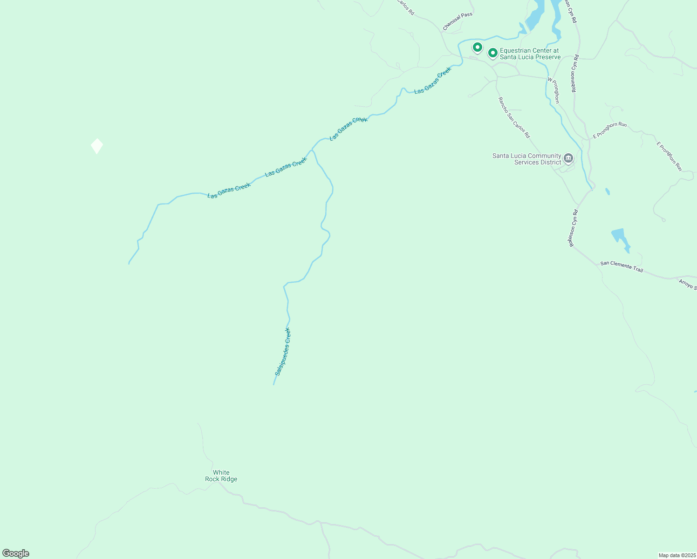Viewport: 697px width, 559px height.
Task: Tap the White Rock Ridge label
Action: pyautogui.click(x=221, y=476)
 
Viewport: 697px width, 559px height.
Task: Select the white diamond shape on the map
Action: pyautogui.click(x=97, y=146)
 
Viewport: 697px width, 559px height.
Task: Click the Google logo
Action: pyautogui.click(x=15, y=553)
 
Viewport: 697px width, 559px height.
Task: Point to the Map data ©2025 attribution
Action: pyautogui.click(x=676, y=555)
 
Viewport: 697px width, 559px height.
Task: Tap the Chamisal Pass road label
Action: pyautogui.click(x=458, y=21)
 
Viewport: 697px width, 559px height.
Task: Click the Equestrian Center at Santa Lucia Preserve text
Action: pyautogui.click(x=530, y=54)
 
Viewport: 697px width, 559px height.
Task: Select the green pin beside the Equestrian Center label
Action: pyautogui.click(x=492, y=53)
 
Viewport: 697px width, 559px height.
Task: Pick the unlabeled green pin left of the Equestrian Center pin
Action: pyautogui.click(x=477, y=47)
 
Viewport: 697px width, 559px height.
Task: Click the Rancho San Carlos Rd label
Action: pyautogui.click(x=514, y=117)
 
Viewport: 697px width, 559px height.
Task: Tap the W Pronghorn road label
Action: pyautogui.click(x=553, y=90)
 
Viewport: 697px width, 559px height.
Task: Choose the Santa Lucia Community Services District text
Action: pyautogui.click(x=526, y=159)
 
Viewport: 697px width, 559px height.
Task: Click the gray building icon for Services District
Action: pyautogui.click(x=568, y=158)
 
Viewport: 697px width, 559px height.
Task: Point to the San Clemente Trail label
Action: pyautogui.click(x=622, y=266)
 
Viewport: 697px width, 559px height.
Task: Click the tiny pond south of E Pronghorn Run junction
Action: pyautogui.click(x=608, y=191)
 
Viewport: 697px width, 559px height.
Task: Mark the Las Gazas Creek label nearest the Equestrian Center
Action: pyautogui.click(x=432, y=81)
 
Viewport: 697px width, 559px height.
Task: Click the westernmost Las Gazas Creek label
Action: pyautogui.click(x=229, y=191)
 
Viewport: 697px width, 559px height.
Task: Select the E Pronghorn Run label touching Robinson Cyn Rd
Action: pyautogui.click(x=609, y=130)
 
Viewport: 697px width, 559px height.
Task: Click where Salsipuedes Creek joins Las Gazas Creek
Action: pyautogui.click(x=312, y=150)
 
